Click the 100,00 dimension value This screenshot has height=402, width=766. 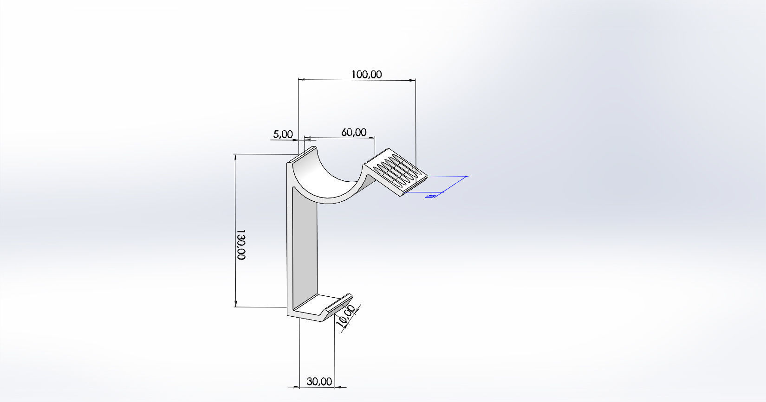click(x=366, y=74)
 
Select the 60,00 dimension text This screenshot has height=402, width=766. click(x=354, y=132)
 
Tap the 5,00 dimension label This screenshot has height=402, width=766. click(x=283, y=134)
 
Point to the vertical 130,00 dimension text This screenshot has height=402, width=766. click(x=240, y=244)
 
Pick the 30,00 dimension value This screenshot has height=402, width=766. click(x=319, y=382)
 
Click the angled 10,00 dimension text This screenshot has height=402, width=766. click(x=346, y=316)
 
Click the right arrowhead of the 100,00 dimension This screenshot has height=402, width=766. click(x=413, y=80)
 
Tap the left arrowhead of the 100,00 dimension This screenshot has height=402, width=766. click(x=301, y=80)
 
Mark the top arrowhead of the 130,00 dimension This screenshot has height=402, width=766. click(x=236, y=157)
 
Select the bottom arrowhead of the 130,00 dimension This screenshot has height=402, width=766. click(x=236, y=304)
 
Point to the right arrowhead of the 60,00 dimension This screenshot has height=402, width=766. click(x=371, y=138)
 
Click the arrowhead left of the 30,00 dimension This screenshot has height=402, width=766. click(x=295, y=387)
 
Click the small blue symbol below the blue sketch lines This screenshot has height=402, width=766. click(x=431, y=196)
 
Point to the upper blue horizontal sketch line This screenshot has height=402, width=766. click(x=446, y=176)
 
